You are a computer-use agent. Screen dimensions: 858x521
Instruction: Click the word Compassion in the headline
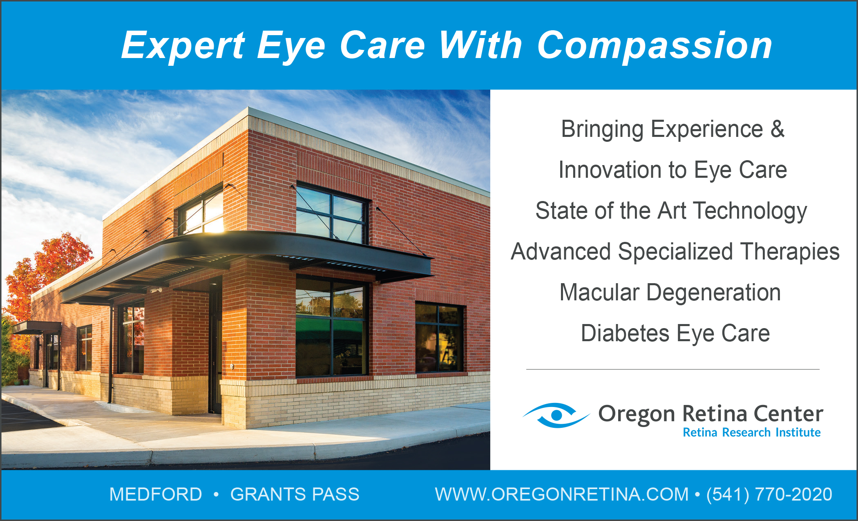[x=655, y=46]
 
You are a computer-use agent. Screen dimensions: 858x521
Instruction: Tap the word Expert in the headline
[x=183, y=46]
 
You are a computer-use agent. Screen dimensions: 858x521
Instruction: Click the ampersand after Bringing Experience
[x=777, y=129]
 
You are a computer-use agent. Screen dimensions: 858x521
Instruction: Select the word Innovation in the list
[x=610, y=170]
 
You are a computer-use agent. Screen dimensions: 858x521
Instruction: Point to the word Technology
[x=750, y=212]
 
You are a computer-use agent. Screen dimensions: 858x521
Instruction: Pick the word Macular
[x=599, y=293]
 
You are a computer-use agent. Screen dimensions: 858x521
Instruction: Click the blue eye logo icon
[x=556, y=415]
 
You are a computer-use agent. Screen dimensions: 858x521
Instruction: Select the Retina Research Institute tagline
[x=752, y=432]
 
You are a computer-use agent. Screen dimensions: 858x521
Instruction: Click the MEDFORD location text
[x=156, y=494]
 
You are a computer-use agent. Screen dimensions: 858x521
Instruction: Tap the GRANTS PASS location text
[x=295, y=494]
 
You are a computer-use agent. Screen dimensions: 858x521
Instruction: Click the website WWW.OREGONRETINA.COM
[x=562, y=494]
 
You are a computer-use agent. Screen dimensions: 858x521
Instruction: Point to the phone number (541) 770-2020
[x=769, y=494]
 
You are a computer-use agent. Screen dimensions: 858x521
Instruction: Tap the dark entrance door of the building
[x=215, y=347]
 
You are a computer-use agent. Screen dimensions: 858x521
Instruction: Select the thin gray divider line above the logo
[x=673, y=369]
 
